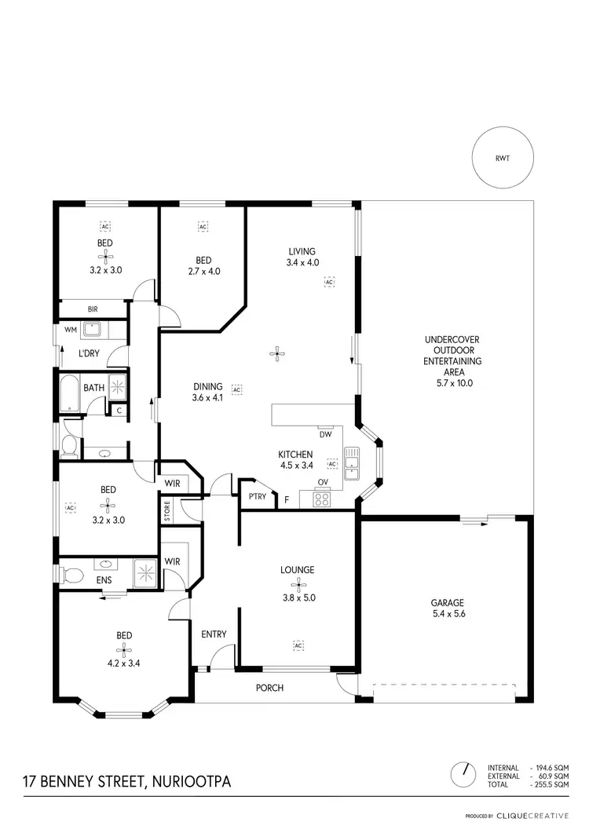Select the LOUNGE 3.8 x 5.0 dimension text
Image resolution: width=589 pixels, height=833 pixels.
[x=298, y=597]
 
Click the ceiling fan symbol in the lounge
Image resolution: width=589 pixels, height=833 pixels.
[x=298, y=583]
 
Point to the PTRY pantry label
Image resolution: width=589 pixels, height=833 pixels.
[x=257, y=496]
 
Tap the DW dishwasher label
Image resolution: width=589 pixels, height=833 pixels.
[x=325, y=434]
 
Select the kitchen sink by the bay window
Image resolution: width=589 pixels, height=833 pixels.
[x=351, y=463]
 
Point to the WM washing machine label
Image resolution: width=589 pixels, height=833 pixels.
[x=70, y=330]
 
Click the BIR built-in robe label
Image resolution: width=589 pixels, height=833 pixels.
[x=93, y=310]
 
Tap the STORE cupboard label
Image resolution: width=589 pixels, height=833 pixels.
[x=166, y=510]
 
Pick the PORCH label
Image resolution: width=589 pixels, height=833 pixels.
[x=270, y=688]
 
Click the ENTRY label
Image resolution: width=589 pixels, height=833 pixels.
[x=214, y=634]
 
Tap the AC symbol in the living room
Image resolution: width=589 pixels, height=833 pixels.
[x=330, y=280]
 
